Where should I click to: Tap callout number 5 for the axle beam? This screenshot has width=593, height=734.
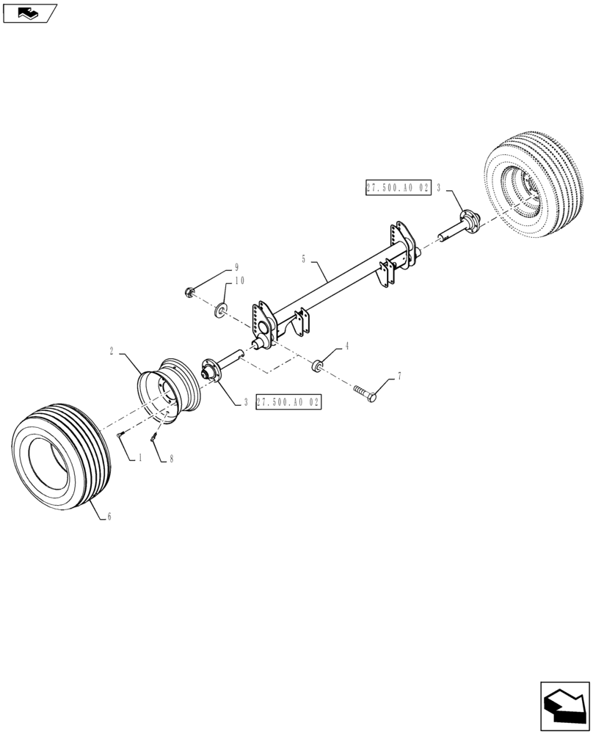pyautogui.click(x=302, y=259)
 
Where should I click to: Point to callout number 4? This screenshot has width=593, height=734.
pyautogui.click(x=347, y=345)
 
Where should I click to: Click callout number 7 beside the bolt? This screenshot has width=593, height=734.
pyautogui.click(x=399, y=376)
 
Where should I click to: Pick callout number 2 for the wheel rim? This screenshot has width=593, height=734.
pyautogui.click(x=111, y=352)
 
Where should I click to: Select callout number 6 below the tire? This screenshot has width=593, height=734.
pyautogui.click(x=109, y=517)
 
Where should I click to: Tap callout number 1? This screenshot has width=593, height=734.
pyautogui.click(x=140, y=458)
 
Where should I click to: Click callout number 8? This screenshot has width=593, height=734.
pyautogui.click(x=171, y=458)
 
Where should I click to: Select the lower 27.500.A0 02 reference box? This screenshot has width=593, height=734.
pyautogui.click(x=289, y=402)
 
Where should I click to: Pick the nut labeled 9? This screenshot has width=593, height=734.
pyautogui.click(x=190, y=293)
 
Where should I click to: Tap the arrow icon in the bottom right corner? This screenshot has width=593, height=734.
pyautogui.click(x=564, y=705)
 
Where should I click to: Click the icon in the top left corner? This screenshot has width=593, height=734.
pyautogui.click(x=29, y=12)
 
